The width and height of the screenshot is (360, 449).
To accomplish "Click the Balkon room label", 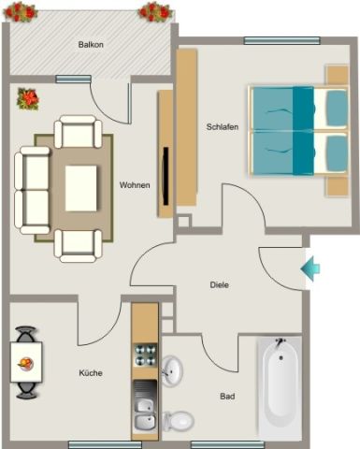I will [91, 44].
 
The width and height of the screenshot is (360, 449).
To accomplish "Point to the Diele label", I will [219, 284].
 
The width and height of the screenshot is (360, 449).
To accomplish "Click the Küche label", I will [91, 373].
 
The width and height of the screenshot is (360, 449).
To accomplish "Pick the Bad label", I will [227, 396].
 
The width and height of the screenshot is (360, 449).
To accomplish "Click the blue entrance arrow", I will [310, 269].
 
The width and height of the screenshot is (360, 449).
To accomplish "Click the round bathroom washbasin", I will [172, 370].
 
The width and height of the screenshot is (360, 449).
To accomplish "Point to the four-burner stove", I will [145, 355].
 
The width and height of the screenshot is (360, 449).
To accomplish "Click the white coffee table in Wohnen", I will [81, 189].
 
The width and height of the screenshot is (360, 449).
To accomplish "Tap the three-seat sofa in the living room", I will [33, 190].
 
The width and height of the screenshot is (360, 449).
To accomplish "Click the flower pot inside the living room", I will [27, 97].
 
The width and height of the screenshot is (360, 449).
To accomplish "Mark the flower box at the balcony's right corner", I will [154, 12].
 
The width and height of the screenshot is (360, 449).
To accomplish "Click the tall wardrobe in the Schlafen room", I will [186, 127].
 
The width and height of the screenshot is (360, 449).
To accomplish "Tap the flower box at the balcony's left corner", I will [20, 12].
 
